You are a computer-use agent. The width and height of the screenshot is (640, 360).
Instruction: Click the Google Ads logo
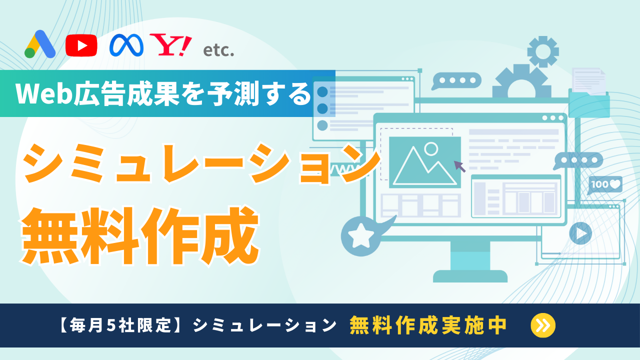click(40, 45)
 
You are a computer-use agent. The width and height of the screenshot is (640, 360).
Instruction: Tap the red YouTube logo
click(81, 45)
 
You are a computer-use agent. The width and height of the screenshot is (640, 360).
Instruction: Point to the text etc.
click(218, 50)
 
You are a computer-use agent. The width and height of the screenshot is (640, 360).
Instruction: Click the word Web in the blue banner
click(37, 93)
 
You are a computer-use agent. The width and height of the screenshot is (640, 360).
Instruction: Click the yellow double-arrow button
click(542, 325)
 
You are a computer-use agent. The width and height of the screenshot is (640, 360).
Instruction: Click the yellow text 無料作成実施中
click(428, 325)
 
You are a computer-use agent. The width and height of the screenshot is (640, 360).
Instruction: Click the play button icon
click(580, 233)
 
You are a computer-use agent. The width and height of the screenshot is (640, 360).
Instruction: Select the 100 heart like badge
click(605, 184)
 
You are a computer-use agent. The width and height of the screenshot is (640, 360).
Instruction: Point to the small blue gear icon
click(542, 51)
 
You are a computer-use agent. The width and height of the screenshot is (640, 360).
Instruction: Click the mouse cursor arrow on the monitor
click(460, 166)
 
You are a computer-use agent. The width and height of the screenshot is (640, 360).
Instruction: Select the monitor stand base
click(470, 275)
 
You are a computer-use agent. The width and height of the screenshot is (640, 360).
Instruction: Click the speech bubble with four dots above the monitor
click(456, 80)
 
